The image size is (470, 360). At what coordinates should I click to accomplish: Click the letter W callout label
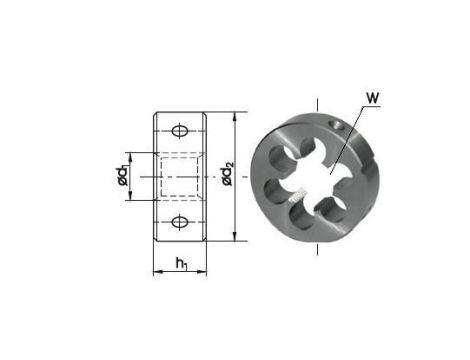pos(373,98)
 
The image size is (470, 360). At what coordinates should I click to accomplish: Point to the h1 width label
pos(180,264)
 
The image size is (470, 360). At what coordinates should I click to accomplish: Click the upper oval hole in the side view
pos(180,131)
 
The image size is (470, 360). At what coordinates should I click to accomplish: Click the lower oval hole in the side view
pos(180,222)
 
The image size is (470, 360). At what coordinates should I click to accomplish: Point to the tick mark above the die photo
pos(318,103)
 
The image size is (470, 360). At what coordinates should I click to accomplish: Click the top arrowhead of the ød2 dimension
pos(234,117)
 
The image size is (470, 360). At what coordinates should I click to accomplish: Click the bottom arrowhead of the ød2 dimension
pos(234,237)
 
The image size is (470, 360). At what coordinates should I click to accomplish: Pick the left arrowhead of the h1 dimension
pos(156,272)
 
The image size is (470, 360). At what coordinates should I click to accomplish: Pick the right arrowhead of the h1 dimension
pos(204,272)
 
